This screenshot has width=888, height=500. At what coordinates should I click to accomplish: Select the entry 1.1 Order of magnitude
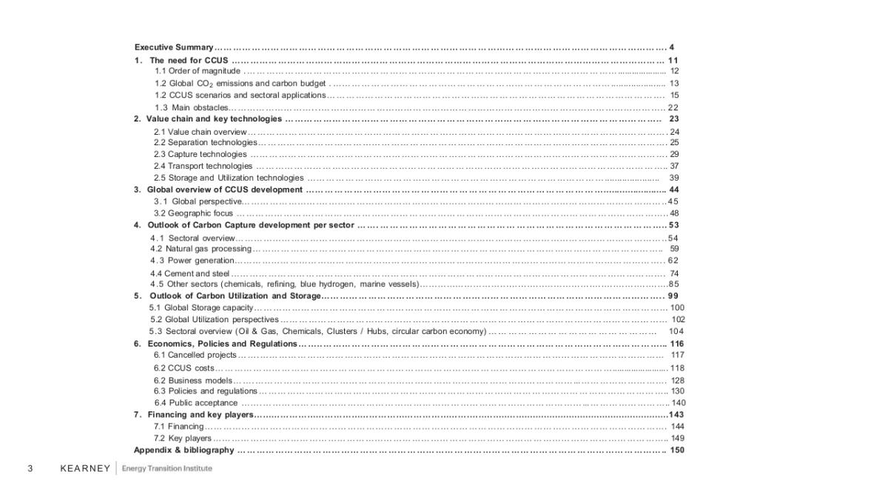pyautogui.click(x=198, y=71)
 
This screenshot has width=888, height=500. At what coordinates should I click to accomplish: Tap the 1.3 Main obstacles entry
pyautogui.click(x=191, y=107)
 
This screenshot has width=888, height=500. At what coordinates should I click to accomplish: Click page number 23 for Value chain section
pyautogui.click(x=673, y=119)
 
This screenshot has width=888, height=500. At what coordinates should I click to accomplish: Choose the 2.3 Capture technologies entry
pyautogui.click(x=201, y=154)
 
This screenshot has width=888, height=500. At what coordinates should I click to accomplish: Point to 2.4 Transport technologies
pyautogui.click(x=203, y=166)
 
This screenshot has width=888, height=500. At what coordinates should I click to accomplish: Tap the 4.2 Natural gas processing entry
pyautogui.click(x=201, y=249)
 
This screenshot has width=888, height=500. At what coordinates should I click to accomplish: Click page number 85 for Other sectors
pyautogui.click(x=673, y=284)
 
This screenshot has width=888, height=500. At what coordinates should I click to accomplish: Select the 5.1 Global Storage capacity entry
pyautogui.click(x=201, y=307)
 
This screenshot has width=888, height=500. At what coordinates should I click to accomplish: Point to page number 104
pyautogui.click(x=676, y=331)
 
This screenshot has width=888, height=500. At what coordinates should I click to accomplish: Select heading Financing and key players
pyautogui.click(x=200, y=415)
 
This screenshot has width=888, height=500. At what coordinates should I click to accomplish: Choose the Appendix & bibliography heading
pyautogui.click(x=184, y=450)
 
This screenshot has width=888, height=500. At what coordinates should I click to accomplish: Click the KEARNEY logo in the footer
pyautogui.click(x=84, y=468)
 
